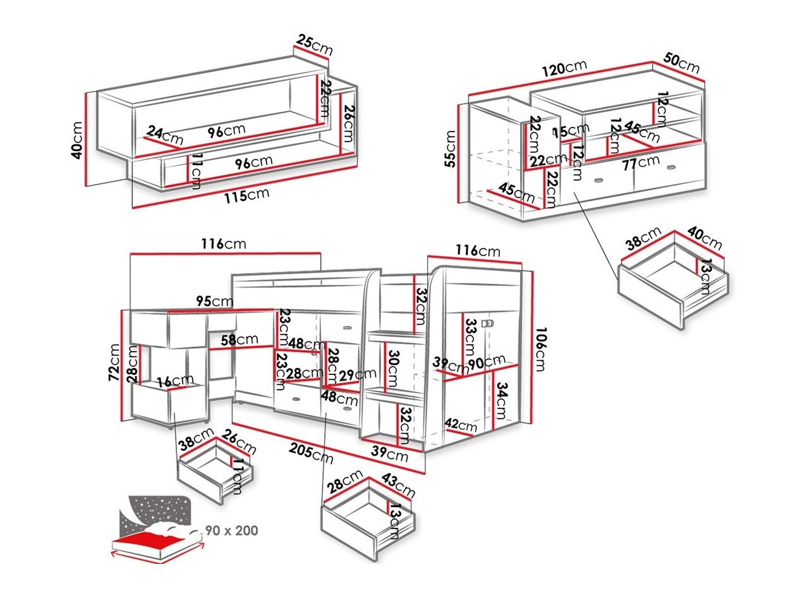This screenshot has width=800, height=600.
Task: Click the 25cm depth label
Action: tap(314, 46)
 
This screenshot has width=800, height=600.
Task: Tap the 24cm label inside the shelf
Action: tap(164, 134)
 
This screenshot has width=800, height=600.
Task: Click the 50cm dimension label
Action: tap(681, 63)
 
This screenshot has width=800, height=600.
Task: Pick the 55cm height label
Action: tap(451, 149)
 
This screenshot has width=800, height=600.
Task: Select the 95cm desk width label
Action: tap(214, 301)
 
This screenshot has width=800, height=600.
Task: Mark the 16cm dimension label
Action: tap(176, 381)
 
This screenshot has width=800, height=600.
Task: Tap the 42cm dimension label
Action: tap(460, 425)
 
